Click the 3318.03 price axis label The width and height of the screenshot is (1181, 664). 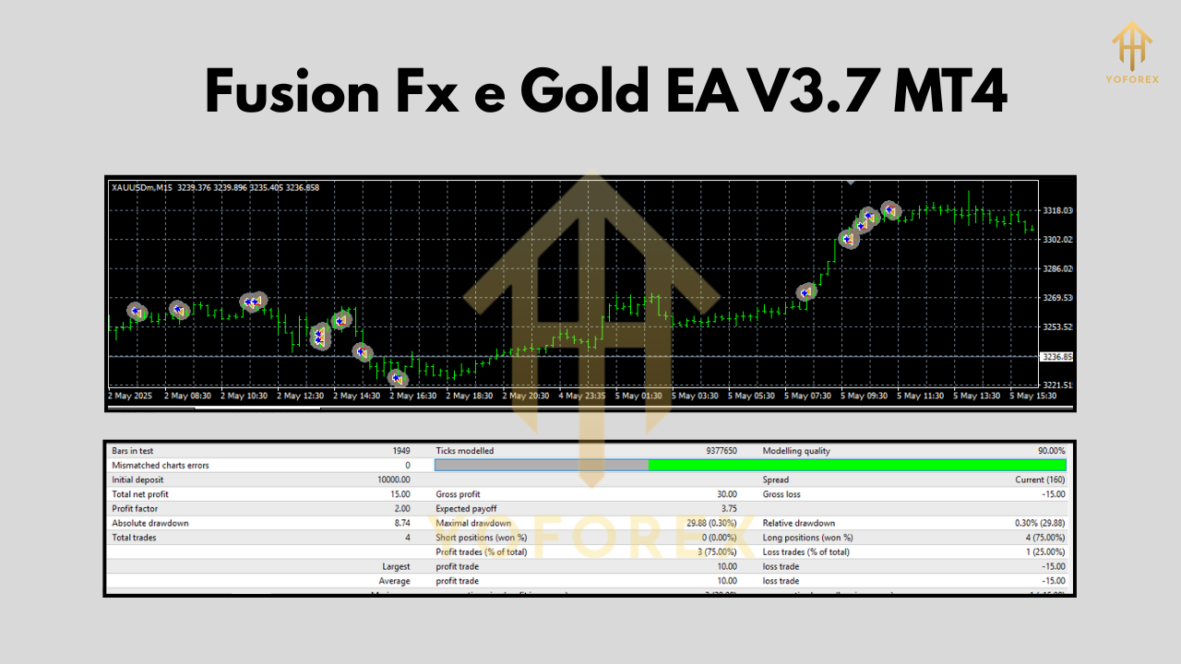tap(1056, 210)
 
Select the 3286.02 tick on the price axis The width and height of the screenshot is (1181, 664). tap(1056, 268)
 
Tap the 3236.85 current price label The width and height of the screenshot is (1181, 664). tap(1056, 356)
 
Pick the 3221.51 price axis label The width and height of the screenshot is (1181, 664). tap(1056, 385)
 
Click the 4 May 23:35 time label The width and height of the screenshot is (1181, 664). tap(581, 396)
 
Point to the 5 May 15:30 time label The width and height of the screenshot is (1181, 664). tap(1034, 396)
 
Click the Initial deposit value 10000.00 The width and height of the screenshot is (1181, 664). tap(395, 480)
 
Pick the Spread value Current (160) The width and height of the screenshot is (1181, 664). tap(1040, 480)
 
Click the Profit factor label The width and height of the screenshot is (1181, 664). tap(135, 508)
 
